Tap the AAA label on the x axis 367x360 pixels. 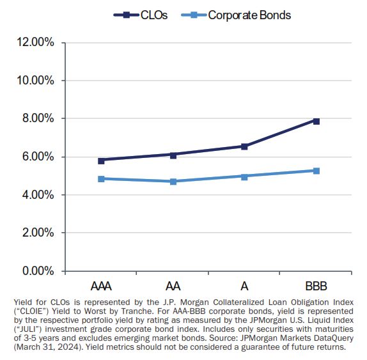(x=101, y=284)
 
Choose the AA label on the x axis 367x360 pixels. (x=173, y=284)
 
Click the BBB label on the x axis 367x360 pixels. (x=316, y=284)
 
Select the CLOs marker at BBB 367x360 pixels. (x=316, y=121)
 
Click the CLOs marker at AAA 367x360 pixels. (x=101, y=160)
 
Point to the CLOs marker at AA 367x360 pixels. (x=173, y=155)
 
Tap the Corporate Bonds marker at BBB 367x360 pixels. (x=316, y=171)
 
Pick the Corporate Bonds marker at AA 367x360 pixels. (x=173, y=182)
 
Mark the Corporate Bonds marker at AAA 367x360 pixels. (x=101, y=179)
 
